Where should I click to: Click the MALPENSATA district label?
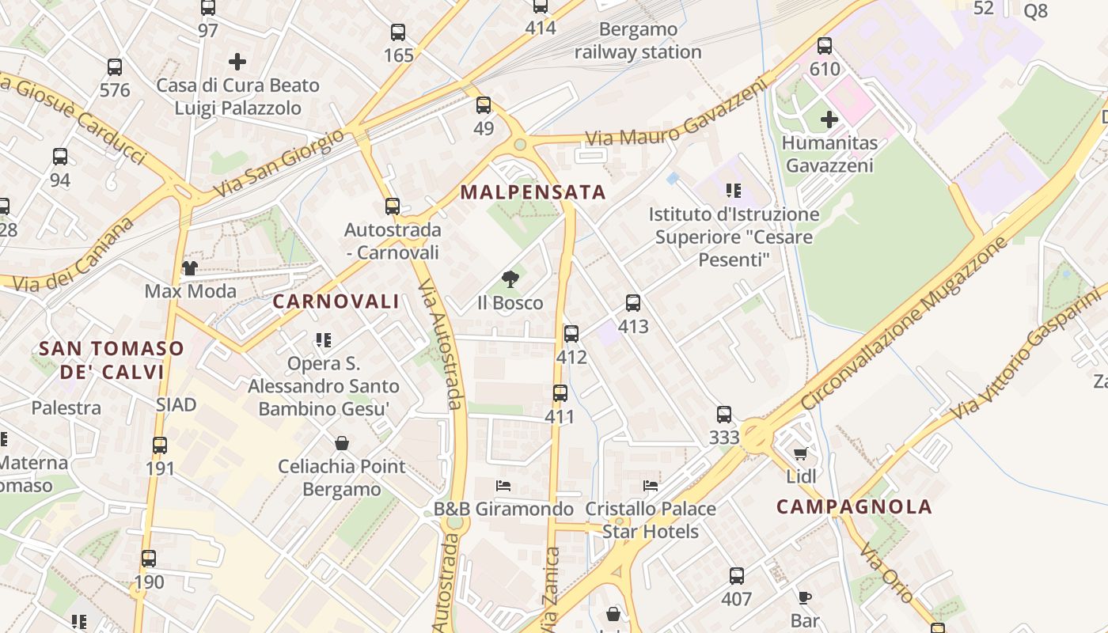(533, 192)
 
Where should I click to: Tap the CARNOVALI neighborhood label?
(336, 301)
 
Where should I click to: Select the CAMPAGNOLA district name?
(854, 507)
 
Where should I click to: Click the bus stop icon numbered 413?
(633, 303)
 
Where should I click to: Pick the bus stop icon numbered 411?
(560, 393)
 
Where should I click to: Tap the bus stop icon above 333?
(724, 415)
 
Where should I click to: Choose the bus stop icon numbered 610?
(825, 46)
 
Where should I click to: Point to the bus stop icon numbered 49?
(484, 105)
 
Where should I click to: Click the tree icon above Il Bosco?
(510, 279)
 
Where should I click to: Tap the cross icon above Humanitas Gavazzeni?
(829, 120)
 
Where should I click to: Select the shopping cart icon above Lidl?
(801, 454)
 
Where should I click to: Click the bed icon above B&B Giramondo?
(503, 485)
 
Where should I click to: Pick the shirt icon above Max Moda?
(190, 268)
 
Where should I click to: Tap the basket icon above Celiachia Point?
(342, 443)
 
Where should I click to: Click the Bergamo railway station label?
(638, 41)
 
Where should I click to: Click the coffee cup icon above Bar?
(805, 597)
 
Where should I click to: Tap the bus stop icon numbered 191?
(160, 445)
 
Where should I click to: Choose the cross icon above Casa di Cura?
(237, 62)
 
